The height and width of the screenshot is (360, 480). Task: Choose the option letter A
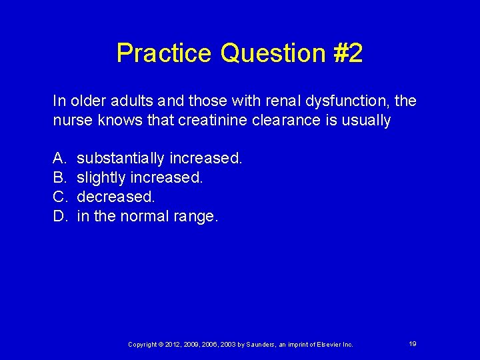(x=59, y=159)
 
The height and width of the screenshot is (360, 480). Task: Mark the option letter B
(x=59, y=178)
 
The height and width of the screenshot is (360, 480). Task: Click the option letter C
(x=59, y=197)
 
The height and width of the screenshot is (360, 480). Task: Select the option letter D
(x=59, y=217)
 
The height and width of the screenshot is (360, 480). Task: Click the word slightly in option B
(x=101, y=178)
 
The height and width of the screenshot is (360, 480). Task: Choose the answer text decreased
(x=115, y=197)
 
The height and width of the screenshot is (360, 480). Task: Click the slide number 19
(x=413, y=344)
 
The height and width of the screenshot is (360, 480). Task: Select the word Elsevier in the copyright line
(x=321, y=345)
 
